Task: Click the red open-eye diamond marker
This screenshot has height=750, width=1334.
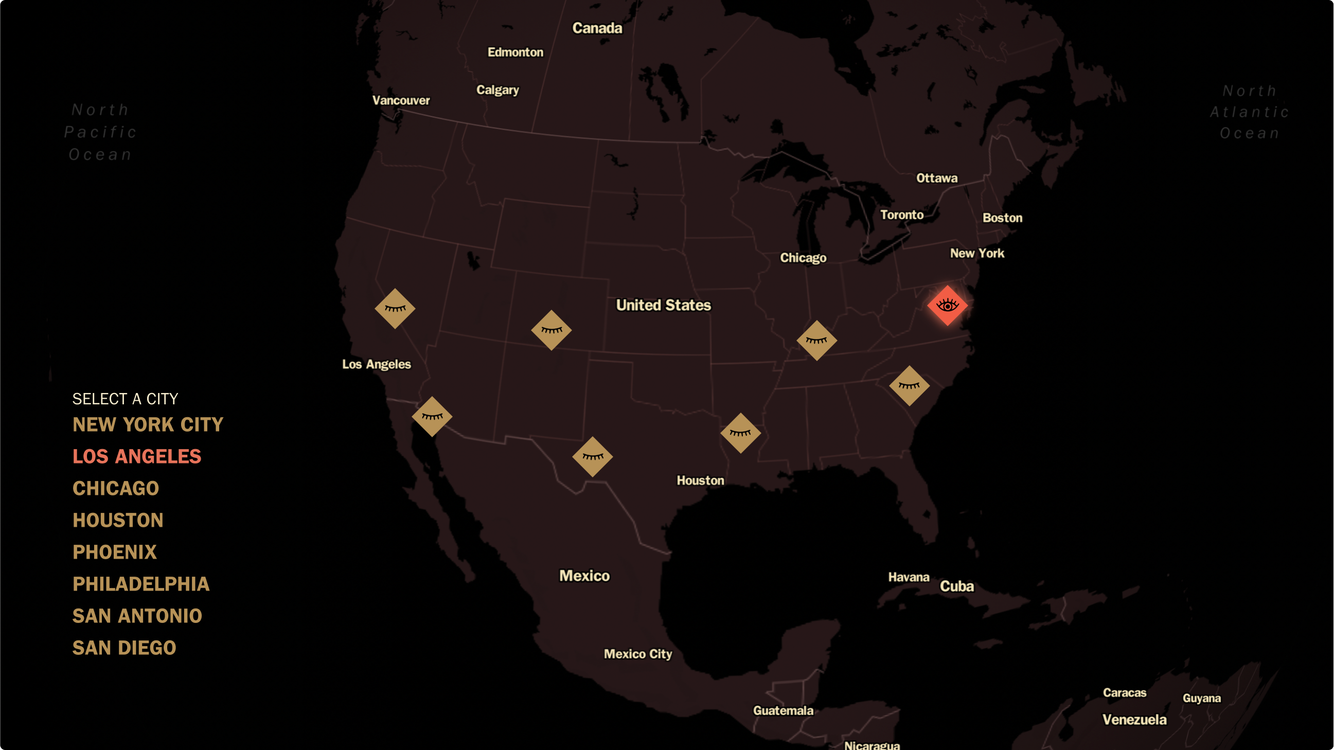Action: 947,306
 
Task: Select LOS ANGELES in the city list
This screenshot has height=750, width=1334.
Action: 137,456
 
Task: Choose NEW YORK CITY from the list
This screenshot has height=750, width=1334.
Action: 148,425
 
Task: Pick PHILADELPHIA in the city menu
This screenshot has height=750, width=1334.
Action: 141,584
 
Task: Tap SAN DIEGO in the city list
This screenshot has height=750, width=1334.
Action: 124,648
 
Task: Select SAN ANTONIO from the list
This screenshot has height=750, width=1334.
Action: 137,616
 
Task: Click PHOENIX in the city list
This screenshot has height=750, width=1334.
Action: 114,552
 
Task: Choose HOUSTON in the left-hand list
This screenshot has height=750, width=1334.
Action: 118,520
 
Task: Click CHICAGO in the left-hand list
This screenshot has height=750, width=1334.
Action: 115,489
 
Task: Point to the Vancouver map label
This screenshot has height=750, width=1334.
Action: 401,100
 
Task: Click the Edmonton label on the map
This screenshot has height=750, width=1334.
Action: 515,52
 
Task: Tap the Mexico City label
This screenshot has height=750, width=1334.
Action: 637,654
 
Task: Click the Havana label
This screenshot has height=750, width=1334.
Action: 909,577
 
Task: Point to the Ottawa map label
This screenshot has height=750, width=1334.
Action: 937,178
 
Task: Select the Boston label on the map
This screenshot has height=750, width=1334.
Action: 1002,218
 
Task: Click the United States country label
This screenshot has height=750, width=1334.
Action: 663,305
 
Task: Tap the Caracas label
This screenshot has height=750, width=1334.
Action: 1124,693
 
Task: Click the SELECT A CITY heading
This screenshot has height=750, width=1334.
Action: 126,399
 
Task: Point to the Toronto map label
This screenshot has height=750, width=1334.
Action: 901,215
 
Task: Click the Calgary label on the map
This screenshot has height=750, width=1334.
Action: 497,90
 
